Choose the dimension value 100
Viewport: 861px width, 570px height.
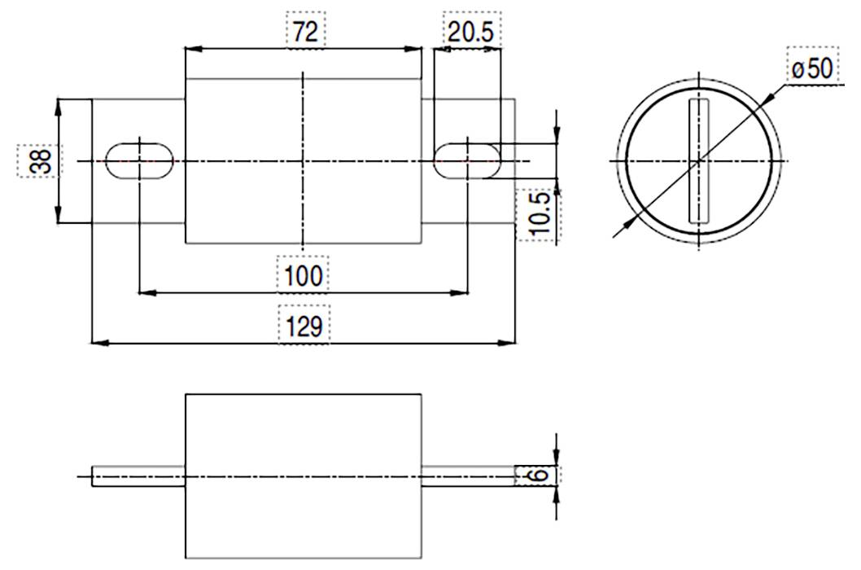coord(304,275)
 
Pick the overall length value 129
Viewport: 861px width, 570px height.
coord(304,326)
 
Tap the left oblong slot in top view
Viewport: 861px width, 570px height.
coord(139,160)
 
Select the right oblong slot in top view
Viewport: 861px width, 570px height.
coord(467,160)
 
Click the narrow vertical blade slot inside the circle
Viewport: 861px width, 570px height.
coord(698,161)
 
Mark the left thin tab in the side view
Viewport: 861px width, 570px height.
coord(138,476)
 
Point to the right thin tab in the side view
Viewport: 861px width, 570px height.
coord(468,476)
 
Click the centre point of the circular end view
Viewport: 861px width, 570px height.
coord(698,161)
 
